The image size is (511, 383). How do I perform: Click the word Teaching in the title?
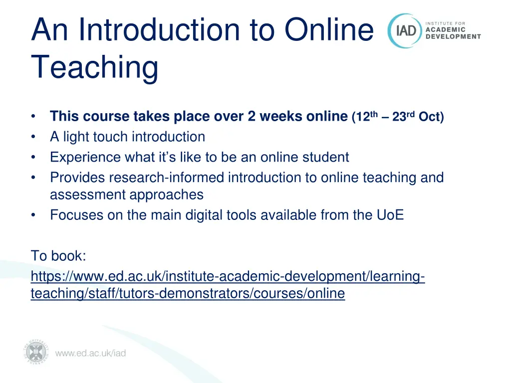pos(94,67)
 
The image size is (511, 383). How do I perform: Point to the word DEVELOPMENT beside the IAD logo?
pos(453,36)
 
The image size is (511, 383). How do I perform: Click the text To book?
pos(59,256)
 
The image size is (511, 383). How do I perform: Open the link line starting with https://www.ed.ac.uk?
pos(228,276)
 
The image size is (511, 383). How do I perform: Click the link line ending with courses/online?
pos(188,294)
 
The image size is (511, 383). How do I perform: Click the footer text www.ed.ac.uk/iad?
pos(90,354)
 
